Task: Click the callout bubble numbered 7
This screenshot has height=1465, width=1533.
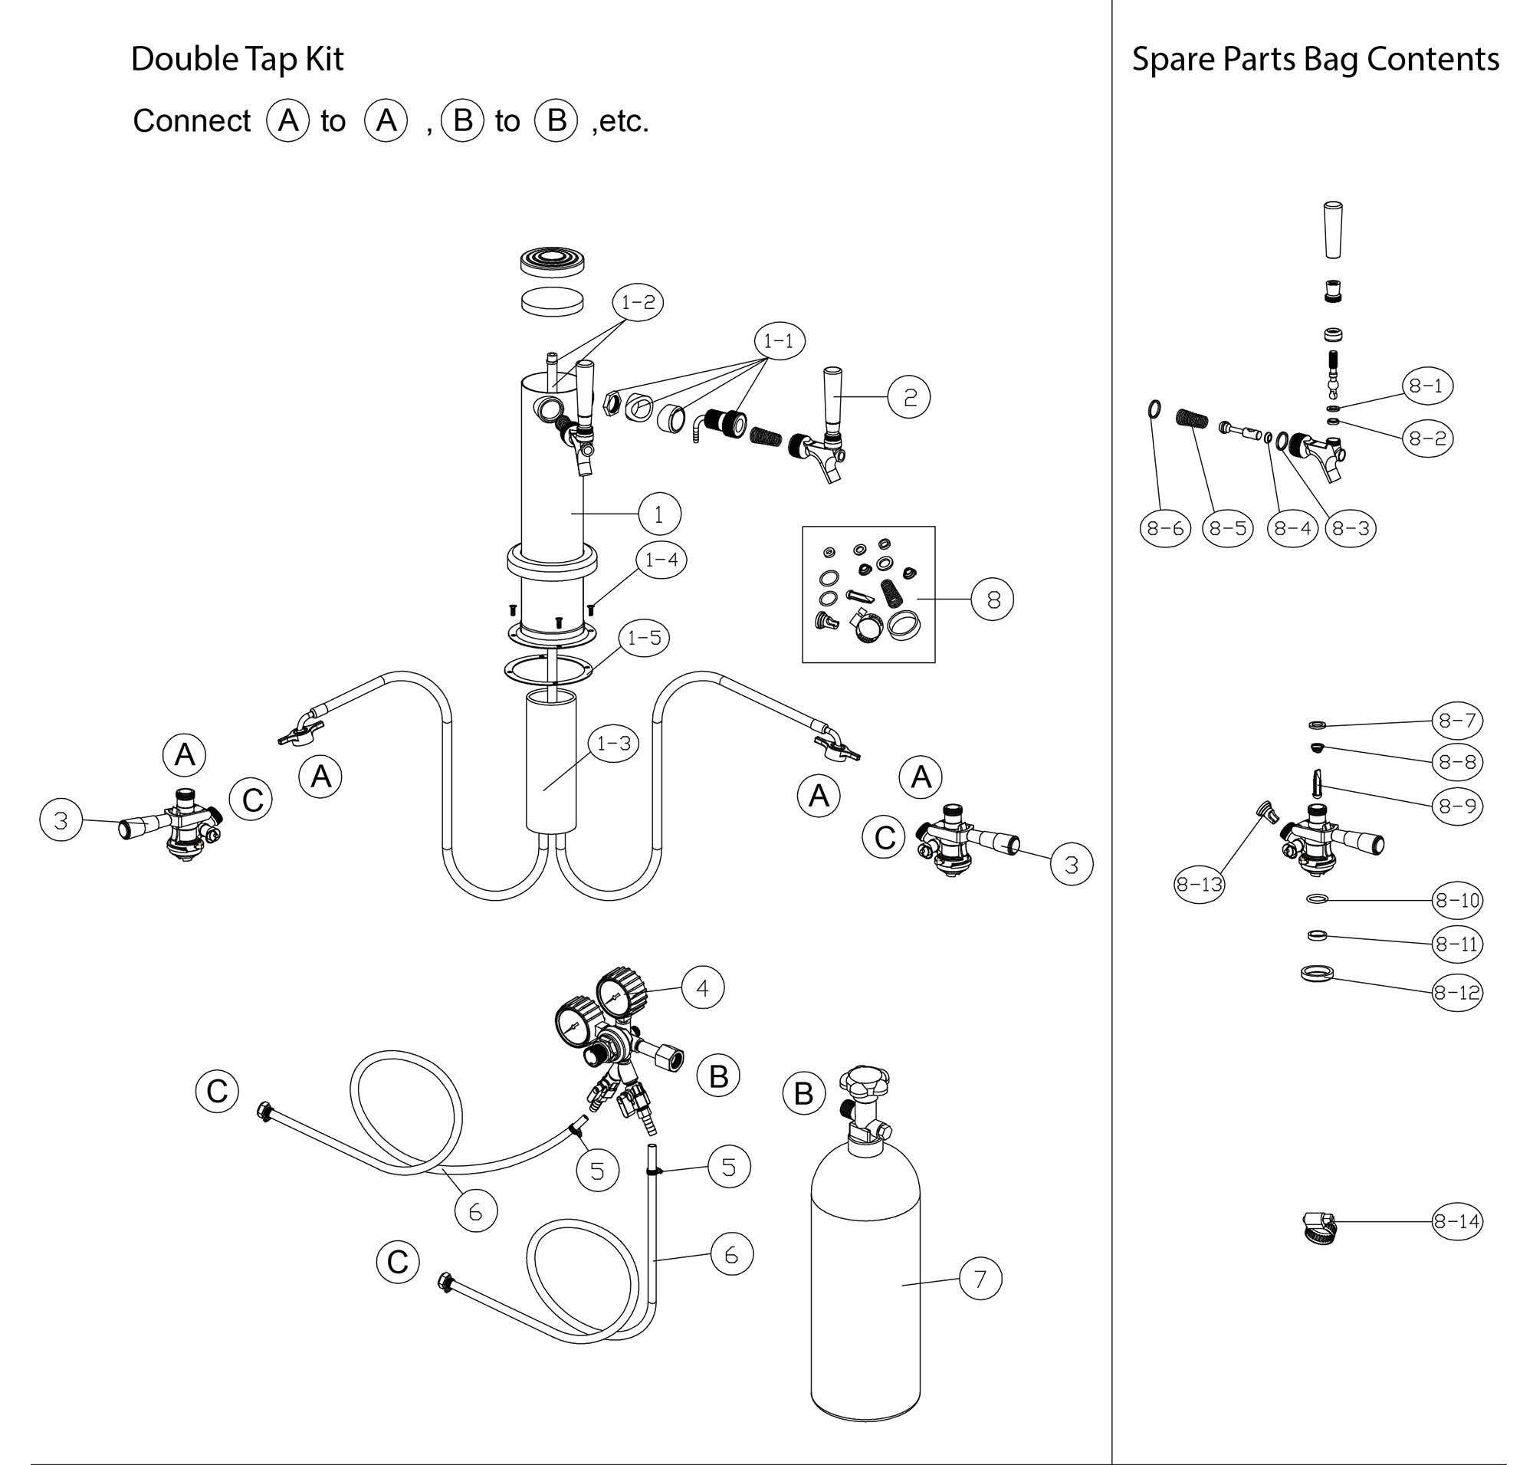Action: (980, 1279)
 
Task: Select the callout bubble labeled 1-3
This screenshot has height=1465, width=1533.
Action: (613, 743)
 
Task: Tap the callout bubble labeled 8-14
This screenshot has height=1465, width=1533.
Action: (1456, 1220)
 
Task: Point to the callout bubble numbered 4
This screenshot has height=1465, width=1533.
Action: (702, 988)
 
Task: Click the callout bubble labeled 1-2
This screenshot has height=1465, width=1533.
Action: (637, 302)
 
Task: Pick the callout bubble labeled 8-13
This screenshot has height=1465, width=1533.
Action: (1199, 884)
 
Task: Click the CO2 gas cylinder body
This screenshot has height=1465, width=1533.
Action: (865, 1281)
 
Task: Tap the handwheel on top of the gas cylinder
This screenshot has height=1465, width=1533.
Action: (864, 1082)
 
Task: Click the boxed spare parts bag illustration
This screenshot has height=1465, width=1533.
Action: (868, 593)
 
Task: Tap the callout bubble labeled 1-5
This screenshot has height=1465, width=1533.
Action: (645, 638)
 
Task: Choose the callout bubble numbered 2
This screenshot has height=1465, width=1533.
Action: (910, 397)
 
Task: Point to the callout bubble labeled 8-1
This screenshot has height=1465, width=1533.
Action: (1426, 386)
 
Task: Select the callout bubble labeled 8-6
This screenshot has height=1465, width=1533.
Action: (1165, 528)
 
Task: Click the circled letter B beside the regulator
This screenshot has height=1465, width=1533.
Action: (717, 1076)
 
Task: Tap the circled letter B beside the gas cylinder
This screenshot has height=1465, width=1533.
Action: (803, 1093)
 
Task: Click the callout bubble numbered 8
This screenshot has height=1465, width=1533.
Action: (993, 599)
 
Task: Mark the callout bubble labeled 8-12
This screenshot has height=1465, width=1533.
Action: (1456, 993)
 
